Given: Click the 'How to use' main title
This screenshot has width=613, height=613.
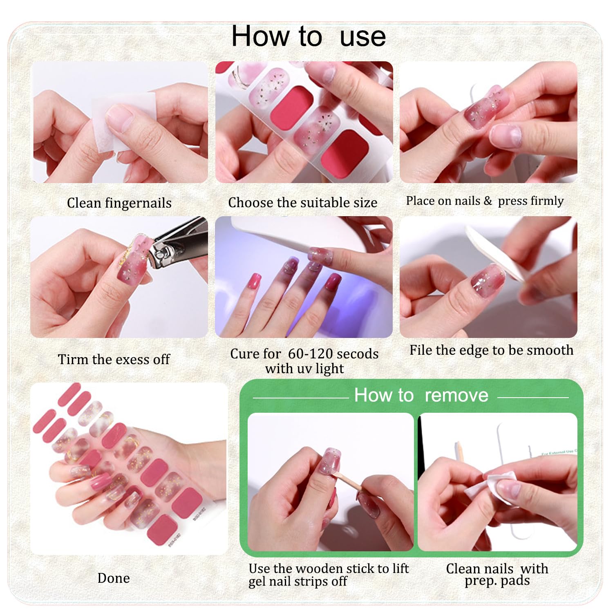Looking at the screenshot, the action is coord(309,36).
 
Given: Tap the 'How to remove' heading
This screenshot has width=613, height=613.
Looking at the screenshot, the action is coord(421,395).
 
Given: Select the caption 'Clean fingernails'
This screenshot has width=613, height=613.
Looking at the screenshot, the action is coord(119,203).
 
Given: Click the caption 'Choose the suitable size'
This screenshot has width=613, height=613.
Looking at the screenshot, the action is coord(303,202).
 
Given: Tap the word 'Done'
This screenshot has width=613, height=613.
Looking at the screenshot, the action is coord(114,578).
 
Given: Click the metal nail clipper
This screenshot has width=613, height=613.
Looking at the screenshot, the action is coord(176,244).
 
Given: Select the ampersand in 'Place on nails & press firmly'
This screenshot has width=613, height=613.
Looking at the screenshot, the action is coord(488,201).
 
